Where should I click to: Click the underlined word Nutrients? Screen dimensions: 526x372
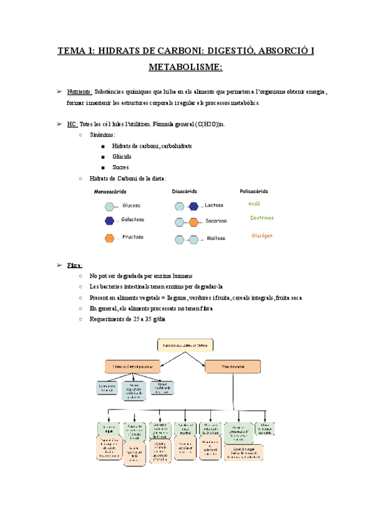(x=79, y=92)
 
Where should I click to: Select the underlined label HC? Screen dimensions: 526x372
(x=73, y=124)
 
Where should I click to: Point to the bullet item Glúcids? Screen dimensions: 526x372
(x=122, y=156)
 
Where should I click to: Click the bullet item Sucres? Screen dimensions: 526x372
(x=121, y=167)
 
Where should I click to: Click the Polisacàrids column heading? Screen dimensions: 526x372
(x=254, y=191)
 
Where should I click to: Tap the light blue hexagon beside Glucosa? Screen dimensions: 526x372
(x=110, y=205)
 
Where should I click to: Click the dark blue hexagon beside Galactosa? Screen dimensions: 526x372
(x=110, y=220)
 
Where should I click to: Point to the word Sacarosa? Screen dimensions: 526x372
(x=216, y=221)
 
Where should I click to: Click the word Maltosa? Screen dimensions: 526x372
(x=215, y=238)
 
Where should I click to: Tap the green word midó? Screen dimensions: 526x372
(x=254, y=203)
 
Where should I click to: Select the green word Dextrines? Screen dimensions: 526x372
(x=262, y=218)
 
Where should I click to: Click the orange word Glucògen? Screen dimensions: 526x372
(x=262, y=236)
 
